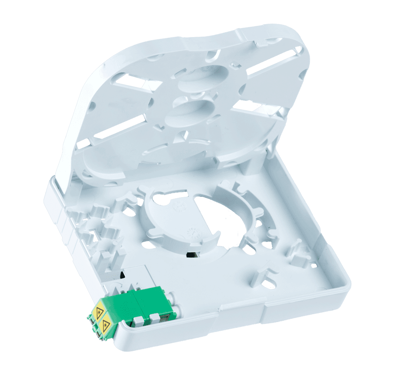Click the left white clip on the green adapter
coord(138,320)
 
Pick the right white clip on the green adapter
coord(155,317)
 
